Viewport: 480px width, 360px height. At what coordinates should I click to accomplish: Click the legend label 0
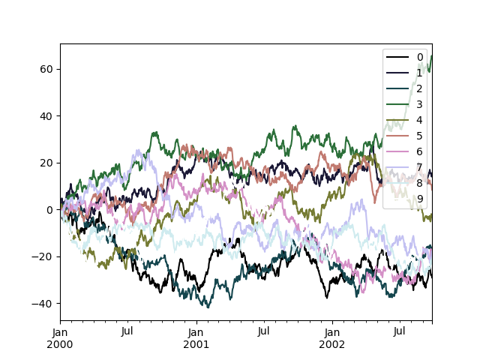[420, 57]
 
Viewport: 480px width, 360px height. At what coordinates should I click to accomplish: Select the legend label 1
[420, 73]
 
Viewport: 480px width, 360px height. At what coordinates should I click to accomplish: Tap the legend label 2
[420, 88]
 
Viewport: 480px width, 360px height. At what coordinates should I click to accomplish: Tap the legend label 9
[420, 199]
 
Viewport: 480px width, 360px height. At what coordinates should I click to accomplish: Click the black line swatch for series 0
[397, 57]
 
